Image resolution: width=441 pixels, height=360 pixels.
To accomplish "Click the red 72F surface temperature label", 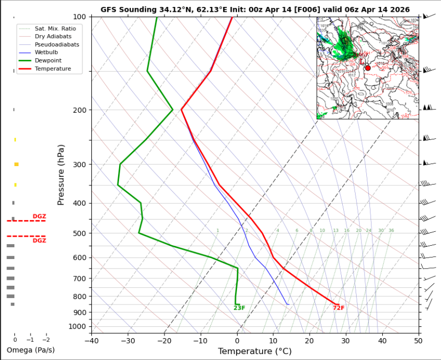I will tap(338, 308).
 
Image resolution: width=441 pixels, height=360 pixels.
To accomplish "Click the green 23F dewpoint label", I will tap(239, 308).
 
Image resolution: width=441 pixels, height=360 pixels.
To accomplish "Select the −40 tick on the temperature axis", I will tap(91, 340).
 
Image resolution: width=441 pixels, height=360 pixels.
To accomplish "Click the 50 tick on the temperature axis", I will tap(418, 340).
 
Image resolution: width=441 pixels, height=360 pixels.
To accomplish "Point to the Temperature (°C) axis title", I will tap(255, 351).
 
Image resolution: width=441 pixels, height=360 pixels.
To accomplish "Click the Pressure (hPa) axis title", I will tap(61, 175).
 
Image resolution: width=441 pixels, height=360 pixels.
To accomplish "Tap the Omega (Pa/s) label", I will tap(30, 350).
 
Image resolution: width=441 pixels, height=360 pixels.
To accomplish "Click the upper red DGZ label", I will tap(40, 216).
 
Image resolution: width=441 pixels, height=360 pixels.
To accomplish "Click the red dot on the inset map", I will tap(368, 68).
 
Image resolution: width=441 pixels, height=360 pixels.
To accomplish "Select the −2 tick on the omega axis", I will tap(46, 340).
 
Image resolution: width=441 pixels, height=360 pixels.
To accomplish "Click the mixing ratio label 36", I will tap(391, 231).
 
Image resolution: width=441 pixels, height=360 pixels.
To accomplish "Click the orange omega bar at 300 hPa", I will tap(17, 164).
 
